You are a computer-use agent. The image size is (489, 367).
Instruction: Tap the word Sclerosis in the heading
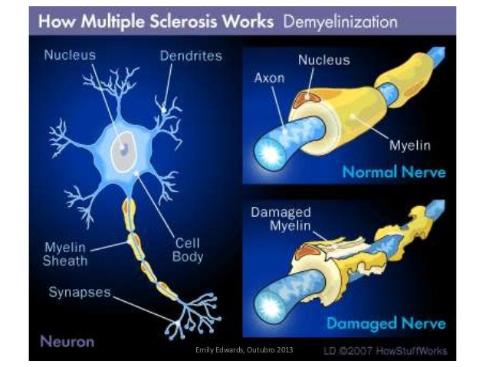pyautogui.click(x=184, y=21)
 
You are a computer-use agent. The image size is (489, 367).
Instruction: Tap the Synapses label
pyautogui.click(x=80, y=291)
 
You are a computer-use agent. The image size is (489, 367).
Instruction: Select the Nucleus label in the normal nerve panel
pyautogui.click(x=324, y=61)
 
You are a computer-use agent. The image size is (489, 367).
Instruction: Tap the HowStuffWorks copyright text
pyautogui.click(x=390, y=350)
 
